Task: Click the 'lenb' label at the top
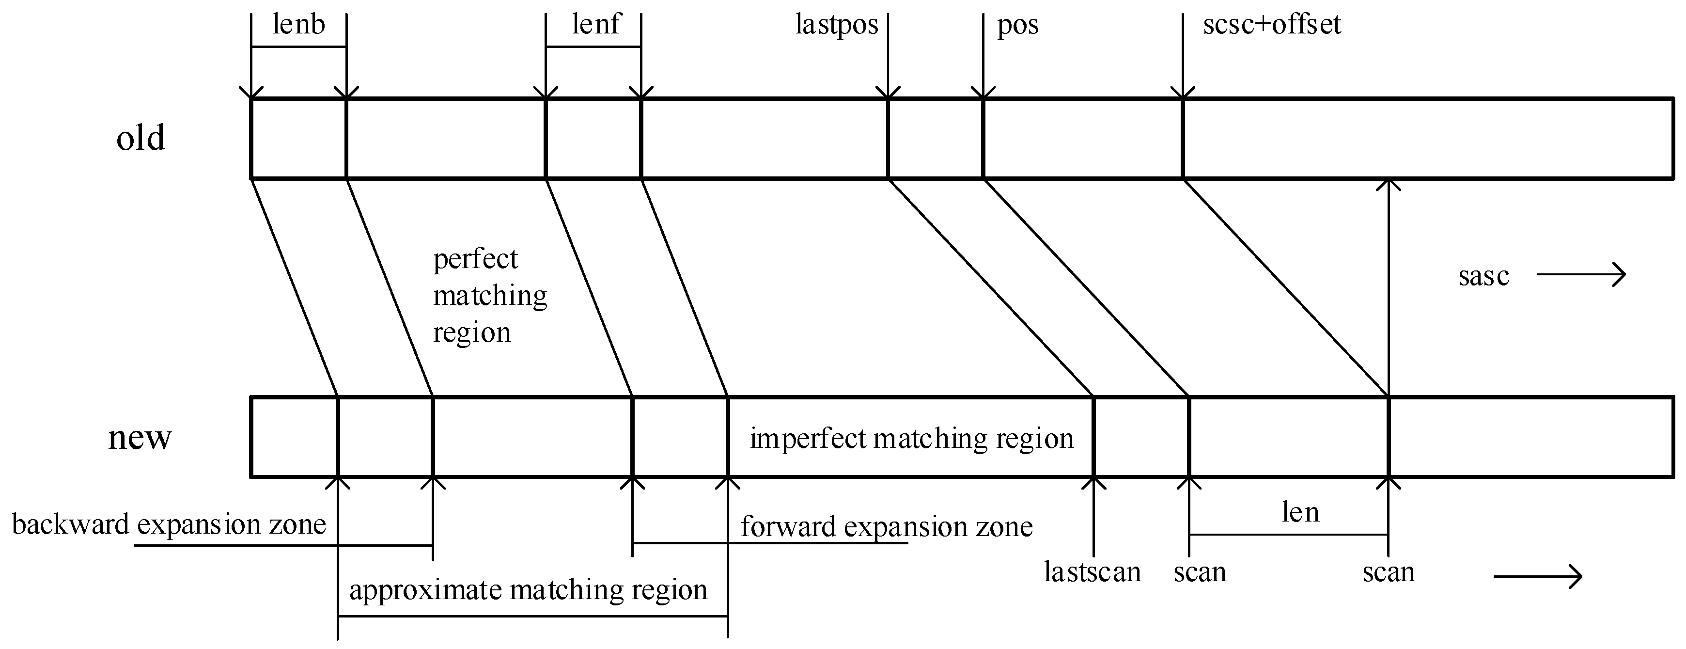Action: [x=298, y=25]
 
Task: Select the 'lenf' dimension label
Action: [x=595, y=25]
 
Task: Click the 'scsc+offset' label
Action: [x=1272, y=25]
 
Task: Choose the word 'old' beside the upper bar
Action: [x=140, y=138]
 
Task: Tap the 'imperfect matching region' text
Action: [x=911, y=438]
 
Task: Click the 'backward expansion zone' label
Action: [x=169, y=524]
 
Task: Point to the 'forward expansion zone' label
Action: [x=886, y=526]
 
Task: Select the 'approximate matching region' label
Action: [x=528, y=589]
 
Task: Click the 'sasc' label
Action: [x=1483, y=276]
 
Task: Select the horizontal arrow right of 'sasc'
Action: [x=1580, y=274]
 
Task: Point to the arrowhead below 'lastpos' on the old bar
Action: [x=888, y=94]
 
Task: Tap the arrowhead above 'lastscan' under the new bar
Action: [x=1093, y=483]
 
